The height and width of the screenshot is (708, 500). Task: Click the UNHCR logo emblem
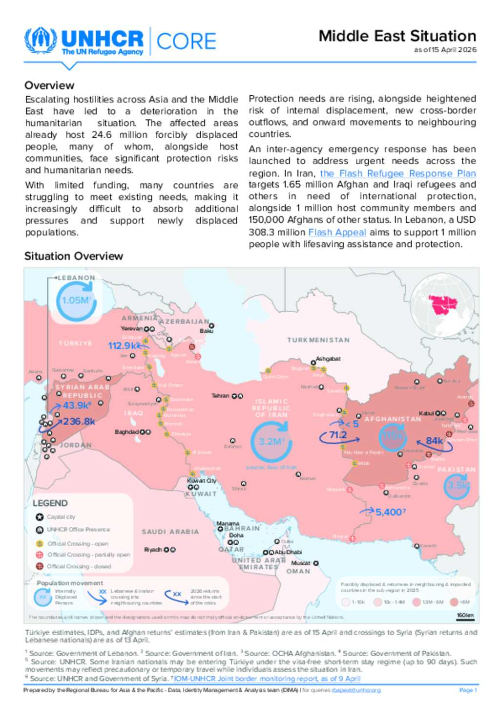click(x=42, y=41)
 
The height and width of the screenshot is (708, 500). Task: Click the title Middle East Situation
click(x=397, y=36)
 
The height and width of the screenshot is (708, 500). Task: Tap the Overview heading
click(x=49, y=86)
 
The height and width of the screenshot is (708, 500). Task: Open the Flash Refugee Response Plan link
click(x=397, y=173)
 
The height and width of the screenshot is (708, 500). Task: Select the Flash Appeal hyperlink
click(x=337, y=233)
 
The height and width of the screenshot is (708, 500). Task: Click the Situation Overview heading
click(x=74, y=256)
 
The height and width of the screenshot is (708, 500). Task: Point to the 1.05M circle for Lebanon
click(x=76, y=300)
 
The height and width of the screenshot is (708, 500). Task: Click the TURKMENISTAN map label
click(x=318, y=340)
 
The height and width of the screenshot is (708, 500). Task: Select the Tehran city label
click(x=220, y=396)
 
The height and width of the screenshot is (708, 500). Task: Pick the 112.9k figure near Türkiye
click(x=122, y=346)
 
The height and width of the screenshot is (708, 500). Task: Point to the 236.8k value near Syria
click(x=79, y=421)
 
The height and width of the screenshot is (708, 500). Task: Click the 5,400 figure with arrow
click(x=389, y=512)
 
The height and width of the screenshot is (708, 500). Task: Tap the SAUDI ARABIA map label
click(x=170, y=532)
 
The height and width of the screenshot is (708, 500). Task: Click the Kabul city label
click(x=426, y=413)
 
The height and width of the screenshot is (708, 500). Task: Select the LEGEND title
click(x=50, y=503)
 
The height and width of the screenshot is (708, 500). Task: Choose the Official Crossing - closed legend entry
click(x=79, y=566)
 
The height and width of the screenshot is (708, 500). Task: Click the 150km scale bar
click(x=465, y=616)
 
